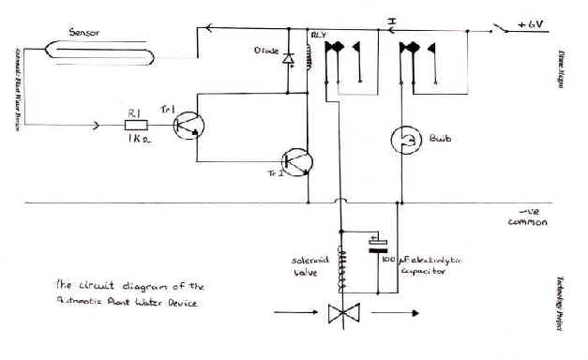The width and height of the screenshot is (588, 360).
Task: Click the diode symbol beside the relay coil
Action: click(x=287, y=61)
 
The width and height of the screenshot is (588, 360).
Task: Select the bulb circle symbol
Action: click(x=402, y=141)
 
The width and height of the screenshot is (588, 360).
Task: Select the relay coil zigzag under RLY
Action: click(x=307, y=70)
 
